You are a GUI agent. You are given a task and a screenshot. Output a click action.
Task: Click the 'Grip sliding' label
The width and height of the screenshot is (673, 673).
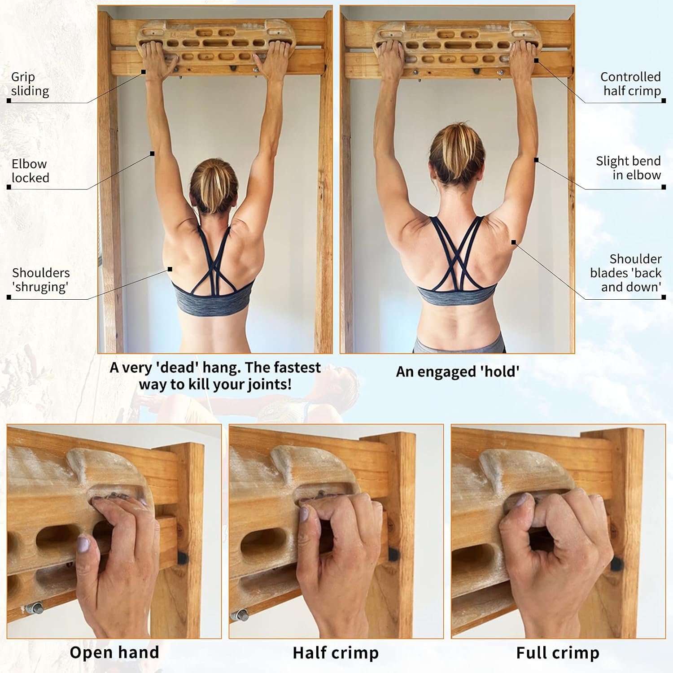click(x=30, y=84)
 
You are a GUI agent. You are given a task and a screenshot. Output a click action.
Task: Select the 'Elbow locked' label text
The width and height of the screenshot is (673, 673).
click(x=30, y=171)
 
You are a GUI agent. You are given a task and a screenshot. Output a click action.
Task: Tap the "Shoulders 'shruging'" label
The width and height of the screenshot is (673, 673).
click(x=41, y=280)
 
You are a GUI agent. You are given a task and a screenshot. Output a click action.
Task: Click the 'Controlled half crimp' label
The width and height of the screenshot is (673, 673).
click(x=631, y=84)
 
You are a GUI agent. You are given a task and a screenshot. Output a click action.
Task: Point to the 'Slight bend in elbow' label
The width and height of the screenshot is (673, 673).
click(x=628, y=168)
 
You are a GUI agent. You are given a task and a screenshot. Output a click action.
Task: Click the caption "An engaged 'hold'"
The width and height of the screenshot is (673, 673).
click(x=457, y=372)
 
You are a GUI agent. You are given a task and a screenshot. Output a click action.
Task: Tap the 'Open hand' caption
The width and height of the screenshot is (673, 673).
click(x=114, y=652)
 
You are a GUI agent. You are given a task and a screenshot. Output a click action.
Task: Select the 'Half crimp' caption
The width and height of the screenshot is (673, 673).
click(x=336, y=653)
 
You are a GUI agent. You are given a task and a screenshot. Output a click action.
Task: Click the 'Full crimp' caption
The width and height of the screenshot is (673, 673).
click(x=558, y=653)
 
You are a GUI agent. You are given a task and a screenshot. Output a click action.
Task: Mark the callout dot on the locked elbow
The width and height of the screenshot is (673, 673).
click(x=152, y=153)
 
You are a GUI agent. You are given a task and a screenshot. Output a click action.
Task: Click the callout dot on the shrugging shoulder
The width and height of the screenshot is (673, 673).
click(x=170, y=269)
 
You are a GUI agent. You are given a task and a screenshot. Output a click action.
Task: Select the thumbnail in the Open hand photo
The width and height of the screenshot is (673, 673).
click(x=83, y=545)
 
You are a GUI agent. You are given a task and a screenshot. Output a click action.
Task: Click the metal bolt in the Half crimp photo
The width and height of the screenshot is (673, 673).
click(x=240, y=614)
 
